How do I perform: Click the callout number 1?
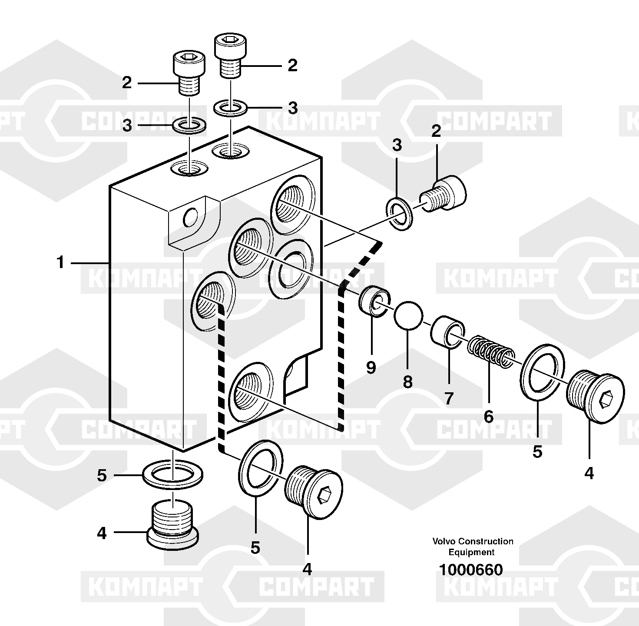click(x=60, y=263)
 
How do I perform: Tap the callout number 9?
click(x=371, y=367)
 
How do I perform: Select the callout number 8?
click(x=407, y=381)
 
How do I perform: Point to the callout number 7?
click(x=449, y=398)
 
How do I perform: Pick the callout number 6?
click(x=489, y=416)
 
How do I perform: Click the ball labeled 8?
click(x=408, y=315)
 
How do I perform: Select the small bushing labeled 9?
click(x=375, y=301)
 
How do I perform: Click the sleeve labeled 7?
click(x=448, y=332)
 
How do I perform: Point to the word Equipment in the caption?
click(x=471, y=553)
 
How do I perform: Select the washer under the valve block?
click(x=173, y=474)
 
